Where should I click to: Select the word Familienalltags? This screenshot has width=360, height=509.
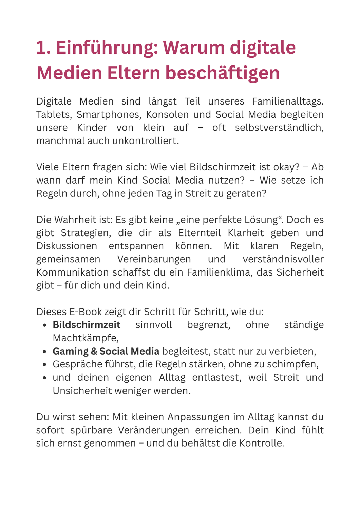[x=288, y=101]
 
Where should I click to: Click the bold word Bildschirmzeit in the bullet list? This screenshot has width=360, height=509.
[x=87, y=325]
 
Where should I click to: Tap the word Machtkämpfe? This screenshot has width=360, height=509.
[x=85, y=338]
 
